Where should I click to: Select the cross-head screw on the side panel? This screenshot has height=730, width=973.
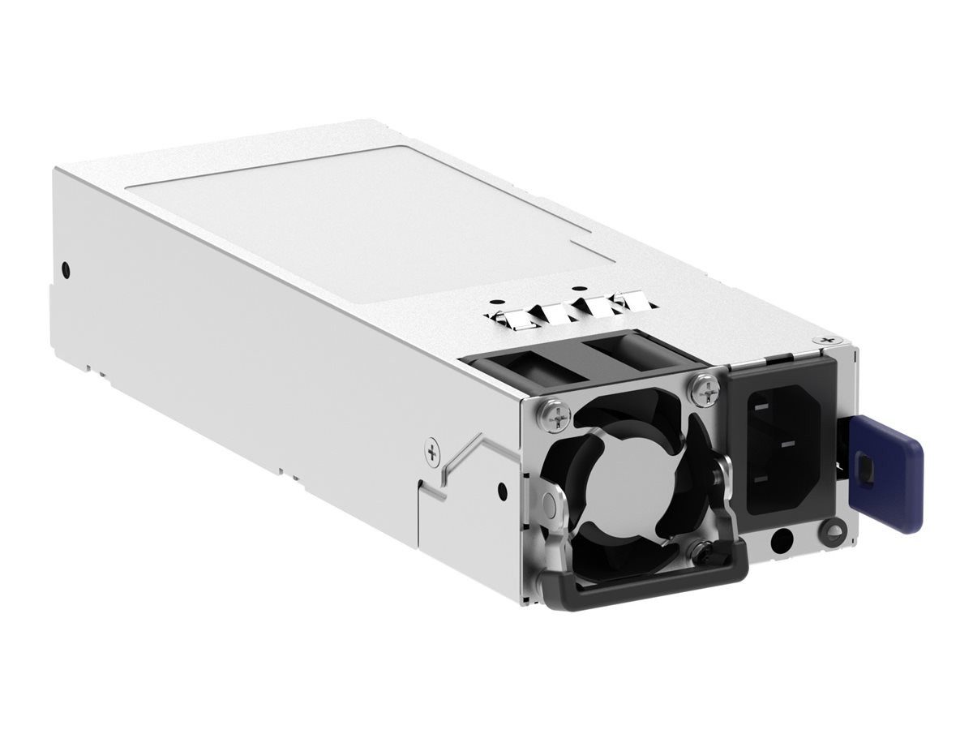[433, 453]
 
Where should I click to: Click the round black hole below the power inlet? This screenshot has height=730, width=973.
[783, 539]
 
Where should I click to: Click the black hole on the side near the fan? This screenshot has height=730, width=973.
[503, 488]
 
